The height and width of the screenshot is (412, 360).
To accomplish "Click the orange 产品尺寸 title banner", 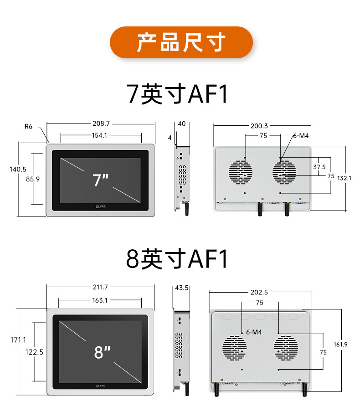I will pos(181,42).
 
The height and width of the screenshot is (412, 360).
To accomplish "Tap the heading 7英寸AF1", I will pos(178,94).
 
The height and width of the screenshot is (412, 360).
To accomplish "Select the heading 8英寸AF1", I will pos(177,258).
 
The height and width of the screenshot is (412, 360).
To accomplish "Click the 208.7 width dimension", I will pos(101,124).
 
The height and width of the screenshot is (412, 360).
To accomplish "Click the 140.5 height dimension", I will pos(18,169).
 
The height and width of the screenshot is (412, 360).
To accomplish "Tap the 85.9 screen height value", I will pos(33,179).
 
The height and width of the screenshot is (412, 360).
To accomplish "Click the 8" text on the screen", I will pos(103,352).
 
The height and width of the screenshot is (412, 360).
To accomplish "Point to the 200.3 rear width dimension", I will pos(259,126).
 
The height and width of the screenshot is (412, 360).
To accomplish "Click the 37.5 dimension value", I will pos(319,167).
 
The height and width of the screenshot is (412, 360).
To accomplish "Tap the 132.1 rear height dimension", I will pos(344,178).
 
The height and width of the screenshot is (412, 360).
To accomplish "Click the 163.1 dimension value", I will pos(100,300).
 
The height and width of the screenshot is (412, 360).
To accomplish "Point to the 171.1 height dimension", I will pos(18,340).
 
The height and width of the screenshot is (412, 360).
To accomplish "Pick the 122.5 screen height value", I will pos(35,352).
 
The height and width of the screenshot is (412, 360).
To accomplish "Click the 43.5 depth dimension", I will pos(181,288).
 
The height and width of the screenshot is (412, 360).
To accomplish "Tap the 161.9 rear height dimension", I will pos(340,345).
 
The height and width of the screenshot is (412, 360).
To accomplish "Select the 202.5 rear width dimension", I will pos(259,293).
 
